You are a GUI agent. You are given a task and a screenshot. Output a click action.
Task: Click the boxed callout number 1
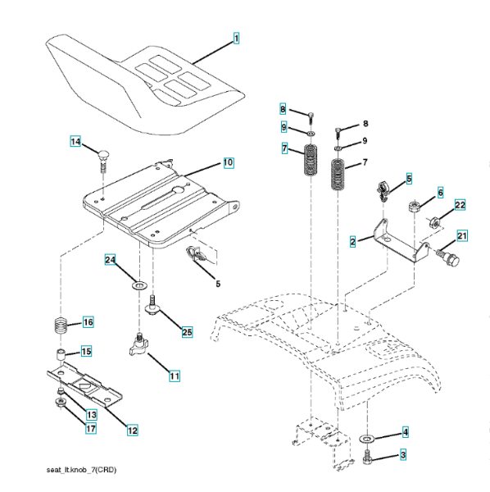[x=236, y=39]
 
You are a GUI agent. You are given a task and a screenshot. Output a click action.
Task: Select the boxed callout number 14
[x=75, y=142]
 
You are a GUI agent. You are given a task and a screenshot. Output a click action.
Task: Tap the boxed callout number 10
[x=229, y=162]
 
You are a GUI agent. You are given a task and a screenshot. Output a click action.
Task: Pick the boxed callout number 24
[x=110, y=260]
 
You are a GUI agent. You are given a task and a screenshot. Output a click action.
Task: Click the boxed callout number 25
[x=187, y=332]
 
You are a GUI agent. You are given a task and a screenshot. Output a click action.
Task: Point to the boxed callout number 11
[x=175, y=376]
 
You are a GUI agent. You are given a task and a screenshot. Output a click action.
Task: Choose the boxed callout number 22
[x=460, y=205]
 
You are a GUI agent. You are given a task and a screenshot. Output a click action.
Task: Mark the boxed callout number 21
[x=462, y=235]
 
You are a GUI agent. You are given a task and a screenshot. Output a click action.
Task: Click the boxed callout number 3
[x=403, y=454]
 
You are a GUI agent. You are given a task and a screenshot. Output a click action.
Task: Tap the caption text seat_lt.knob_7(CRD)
[x=81, y=470]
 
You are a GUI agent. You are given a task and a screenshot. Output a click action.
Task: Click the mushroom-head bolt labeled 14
[x=103, y=161]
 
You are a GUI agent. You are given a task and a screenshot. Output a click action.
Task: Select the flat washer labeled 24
[x=140, y=286]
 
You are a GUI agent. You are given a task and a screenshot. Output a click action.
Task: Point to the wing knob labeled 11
[x=138, y=344]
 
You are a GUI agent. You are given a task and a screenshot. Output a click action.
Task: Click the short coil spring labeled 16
[x=61, y=326]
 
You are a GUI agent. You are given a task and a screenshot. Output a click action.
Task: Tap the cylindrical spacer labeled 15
[x=61, y=355]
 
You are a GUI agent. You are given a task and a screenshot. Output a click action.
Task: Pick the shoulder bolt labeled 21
[x=448, y=258]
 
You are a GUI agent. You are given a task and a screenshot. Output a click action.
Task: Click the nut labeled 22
[x=435, y=222]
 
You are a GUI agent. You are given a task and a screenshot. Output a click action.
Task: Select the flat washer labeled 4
[x=366, y=439]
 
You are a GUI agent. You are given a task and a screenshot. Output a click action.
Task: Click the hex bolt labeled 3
[x=367, y=458]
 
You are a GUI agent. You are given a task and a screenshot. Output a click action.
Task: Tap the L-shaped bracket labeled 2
[x=398, y=244]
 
